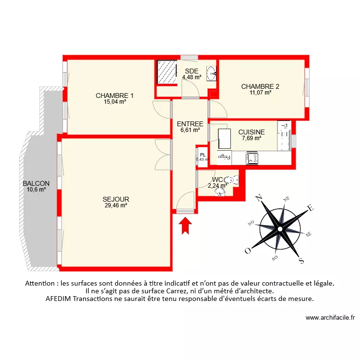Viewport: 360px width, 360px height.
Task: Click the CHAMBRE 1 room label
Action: click(x=115, y=95)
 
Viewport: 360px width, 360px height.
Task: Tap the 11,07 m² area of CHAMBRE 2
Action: click(x=260, y=93)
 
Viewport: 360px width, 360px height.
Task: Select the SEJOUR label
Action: click(x=116, y=199)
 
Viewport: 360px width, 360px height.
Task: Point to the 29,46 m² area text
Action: click(x=115, y=205)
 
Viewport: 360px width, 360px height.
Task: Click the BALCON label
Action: click(x=36, y=183)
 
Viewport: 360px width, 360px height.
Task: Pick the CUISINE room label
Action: click(x=252, y=132)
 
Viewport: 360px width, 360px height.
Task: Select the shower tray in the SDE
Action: click(x=168, y=72)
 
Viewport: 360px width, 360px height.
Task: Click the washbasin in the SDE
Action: click(x=211, y=73)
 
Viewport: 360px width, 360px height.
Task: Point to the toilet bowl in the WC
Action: click(x=233, y=180)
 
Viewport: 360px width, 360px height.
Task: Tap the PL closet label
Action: click(x=203, y=155)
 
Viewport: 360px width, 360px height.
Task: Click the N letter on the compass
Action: click(x=258, y=197)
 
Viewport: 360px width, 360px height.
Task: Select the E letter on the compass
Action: click(x=310, y=208)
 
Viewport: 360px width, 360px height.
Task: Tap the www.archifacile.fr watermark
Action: click(x=330, y=317)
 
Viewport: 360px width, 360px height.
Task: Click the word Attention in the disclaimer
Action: click(x=41, y=284)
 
